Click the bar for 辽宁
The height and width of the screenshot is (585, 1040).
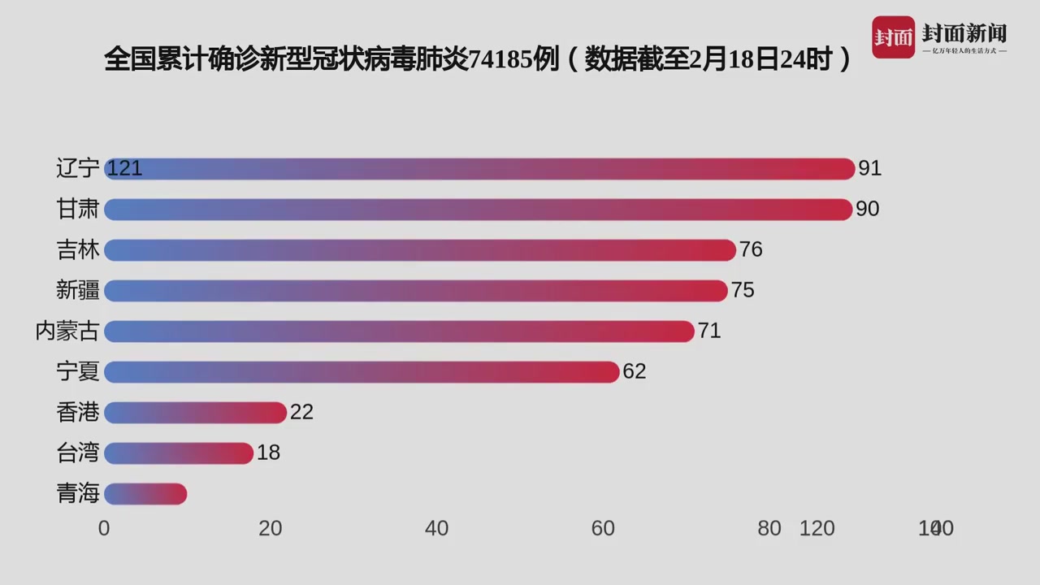[x=479, y=168]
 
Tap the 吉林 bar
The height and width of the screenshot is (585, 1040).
[x=419, y=249]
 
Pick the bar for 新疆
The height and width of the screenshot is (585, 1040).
[x=415, y=290]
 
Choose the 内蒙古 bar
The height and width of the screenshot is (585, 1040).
[x=399, y=331]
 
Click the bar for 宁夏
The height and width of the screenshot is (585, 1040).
[x=362, y=371]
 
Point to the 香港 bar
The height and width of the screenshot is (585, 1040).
[x=195, y=412]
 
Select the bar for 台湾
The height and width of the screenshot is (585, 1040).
[x=179, y=453]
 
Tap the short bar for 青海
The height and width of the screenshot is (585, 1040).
[x=145, y=493]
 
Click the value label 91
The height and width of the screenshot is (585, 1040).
[x=870, y=168]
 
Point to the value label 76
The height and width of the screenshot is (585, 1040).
[x=751, y=249]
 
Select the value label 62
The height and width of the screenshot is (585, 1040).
[x=634, y=371]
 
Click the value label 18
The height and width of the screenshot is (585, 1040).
[x=268, y=453]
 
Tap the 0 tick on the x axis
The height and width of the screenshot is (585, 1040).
[x=104, y=528]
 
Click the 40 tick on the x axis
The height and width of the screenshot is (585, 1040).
[x=436, y=528]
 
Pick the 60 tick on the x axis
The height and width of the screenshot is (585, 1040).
[x=603, y=528]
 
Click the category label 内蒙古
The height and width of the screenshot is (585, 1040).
[x=67, y=331]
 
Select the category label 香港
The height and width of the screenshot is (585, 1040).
[x=78, y=412]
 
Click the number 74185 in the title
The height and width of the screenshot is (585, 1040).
[x=501, y=59]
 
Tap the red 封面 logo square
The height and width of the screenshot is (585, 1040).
[x=893, y=37]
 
